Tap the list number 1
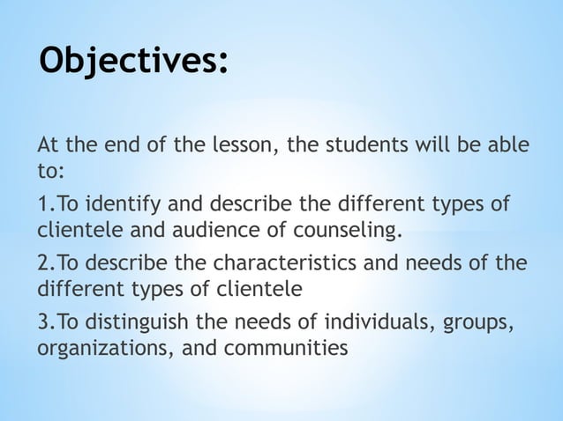[x=43, y=205]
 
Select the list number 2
[x=43, y=264]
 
